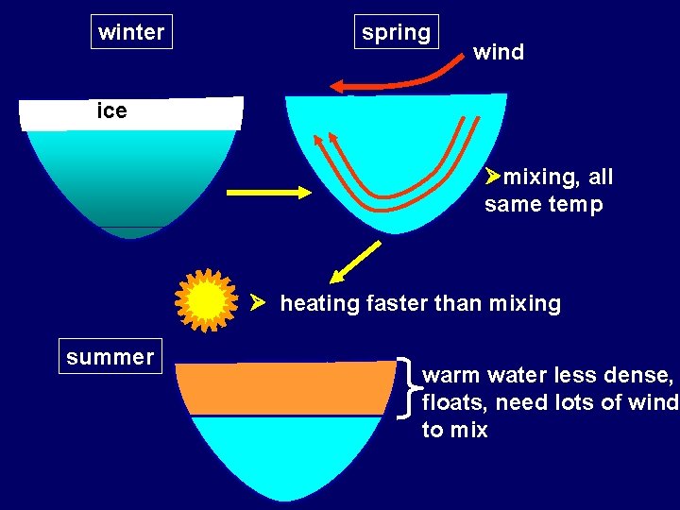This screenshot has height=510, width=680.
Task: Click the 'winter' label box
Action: click(131, 32)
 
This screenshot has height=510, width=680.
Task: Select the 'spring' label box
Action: click(396, 32)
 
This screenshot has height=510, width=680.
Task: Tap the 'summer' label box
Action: click(110, 357)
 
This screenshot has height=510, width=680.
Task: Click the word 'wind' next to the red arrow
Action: click(499, 52)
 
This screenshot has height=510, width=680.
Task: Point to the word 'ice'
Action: click(111, 110)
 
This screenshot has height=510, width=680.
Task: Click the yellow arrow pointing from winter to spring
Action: click(269, 193)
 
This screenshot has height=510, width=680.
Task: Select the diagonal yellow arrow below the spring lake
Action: click(355, 262)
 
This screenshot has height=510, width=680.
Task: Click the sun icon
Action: click(207, 301)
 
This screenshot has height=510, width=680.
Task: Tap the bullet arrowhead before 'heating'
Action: click(258, 303)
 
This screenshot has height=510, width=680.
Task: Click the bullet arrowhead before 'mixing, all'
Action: click(492, 176)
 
